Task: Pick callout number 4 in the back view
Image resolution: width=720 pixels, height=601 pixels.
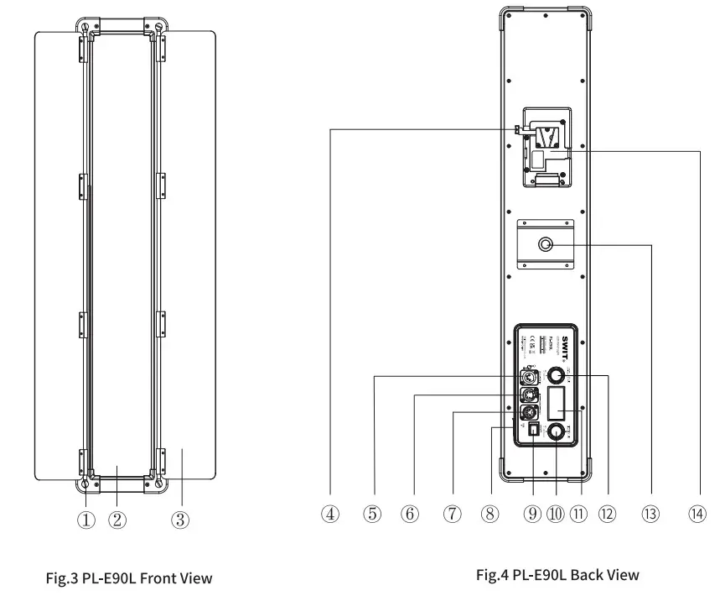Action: (332, 515)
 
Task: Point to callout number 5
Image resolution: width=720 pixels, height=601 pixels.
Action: (372, 515)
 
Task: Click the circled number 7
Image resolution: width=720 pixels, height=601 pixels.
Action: (452, 515)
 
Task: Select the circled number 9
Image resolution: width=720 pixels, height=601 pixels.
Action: (531, 515)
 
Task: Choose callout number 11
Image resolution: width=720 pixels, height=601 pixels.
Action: (578, 515)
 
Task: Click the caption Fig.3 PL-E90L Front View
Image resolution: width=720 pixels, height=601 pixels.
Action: (128, 577)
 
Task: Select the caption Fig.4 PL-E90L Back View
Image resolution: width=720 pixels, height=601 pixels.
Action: (557, 575)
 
